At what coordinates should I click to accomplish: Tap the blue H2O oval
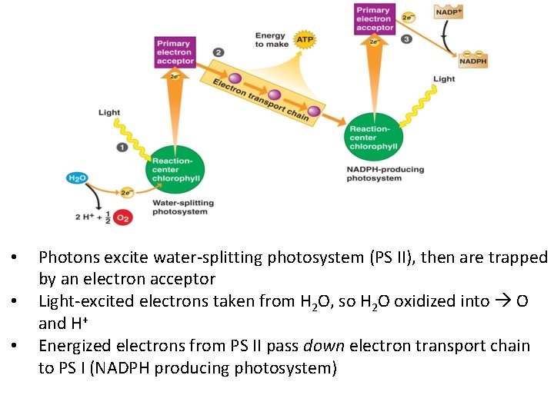(78, 178)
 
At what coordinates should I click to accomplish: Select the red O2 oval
(123, 217)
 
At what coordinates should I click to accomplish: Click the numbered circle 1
(122, 147)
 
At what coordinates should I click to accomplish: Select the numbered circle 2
(219, 52)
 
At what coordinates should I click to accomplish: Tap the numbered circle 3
(406, 39)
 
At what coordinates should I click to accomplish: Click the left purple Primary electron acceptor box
(175, 51)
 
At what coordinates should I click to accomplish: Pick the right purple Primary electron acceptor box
(375, 19)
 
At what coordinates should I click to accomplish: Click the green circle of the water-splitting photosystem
(177, 169)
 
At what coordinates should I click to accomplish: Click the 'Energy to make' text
(272, 39)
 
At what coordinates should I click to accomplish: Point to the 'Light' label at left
(109, 112)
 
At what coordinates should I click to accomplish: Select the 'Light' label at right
(444, 78)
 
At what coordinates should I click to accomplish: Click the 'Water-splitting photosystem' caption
(183, 207)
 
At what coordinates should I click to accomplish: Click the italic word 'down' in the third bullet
(325, 346)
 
